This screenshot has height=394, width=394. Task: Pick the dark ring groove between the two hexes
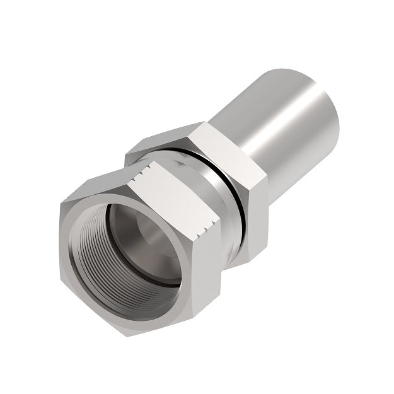point(217,189)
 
